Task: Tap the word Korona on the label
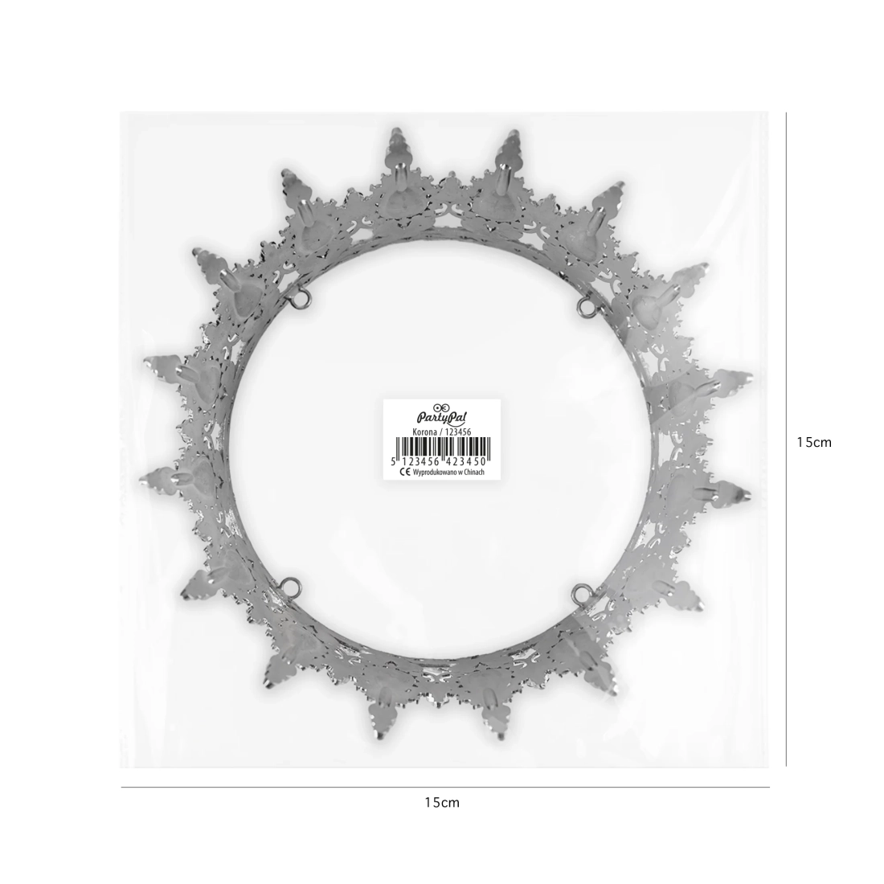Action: pos(425,432)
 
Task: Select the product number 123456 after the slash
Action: pos(457,432)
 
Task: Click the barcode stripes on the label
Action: pos(441,447)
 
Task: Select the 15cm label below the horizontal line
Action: pos(443,802)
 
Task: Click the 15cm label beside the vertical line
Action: pos(814,443)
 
